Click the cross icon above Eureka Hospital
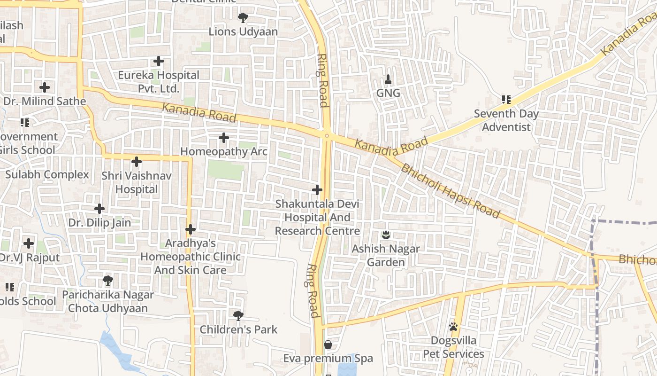coord(159,61)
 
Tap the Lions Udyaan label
coord(243,32)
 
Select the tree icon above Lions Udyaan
coord(243,18)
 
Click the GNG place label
coord(388,93)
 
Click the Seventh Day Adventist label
coord(506,120)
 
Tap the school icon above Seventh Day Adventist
coord(506,99)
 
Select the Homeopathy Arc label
coord(224,152)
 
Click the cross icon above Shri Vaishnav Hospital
coord(137,162)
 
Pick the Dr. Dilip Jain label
coord(99,223)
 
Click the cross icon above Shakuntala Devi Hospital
coord(317,190)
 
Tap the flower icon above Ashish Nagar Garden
coord(386,234)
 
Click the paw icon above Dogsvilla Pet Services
coord(453,326)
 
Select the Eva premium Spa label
coord(328,359)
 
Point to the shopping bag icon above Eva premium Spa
coord(328,345)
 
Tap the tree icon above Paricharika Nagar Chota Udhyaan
coord(108,281)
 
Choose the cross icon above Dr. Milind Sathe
coord(45,87)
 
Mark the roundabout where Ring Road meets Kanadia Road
coord(327,135)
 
